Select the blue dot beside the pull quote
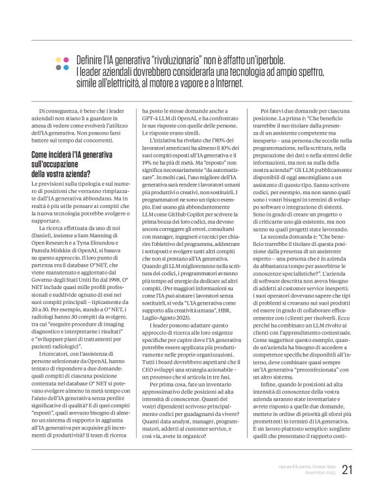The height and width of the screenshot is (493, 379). click(x=58, y=67)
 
